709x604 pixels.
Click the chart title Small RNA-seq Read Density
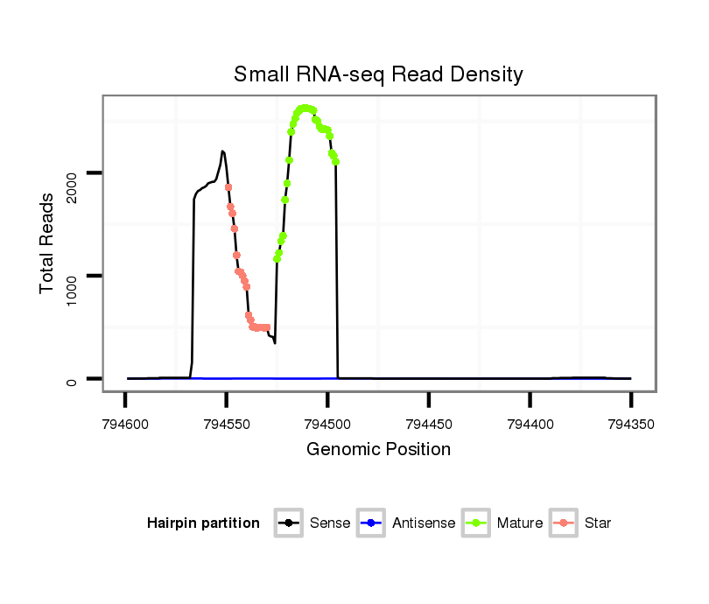click(378, 74)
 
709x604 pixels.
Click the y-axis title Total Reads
click(49, 242)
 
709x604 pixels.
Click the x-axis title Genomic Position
click(378, 450)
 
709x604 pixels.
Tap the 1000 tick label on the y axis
click(75, 284)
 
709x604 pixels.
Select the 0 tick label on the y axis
click(75, 381)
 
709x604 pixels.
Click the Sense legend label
click(330, 523)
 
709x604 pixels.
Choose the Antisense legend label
click(424, 523)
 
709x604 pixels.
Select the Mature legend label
click(519, 523)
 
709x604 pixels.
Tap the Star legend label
click(597, 523)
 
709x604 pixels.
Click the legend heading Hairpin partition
click(204, 523)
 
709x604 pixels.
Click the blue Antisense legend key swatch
click(372, 523)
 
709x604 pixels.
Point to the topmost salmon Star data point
click(228, 186)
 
